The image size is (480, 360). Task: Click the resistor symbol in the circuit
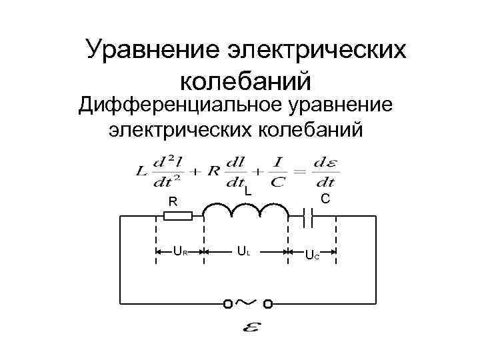[178, 216]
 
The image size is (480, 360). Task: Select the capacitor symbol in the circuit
[308, 215]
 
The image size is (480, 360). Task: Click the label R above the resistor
[172, 201]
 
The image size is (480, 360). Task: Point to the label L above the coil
[247, 191]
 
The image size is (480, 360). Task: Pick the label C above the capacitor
[325, 199]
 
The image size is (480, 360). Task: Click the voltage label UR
[180, 252]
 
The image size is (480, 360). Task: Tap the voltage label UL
[244, 252]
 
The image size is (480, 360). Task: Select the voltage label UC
[311, 254]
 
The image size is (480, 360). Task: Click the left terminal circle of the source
[227, 305]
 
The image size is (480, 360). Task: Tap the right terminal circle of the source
[268, 305]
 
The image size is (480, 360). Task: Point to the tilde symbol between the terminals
[247, 302]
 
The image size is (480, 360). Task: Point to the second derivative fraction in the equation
[166, 171]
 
